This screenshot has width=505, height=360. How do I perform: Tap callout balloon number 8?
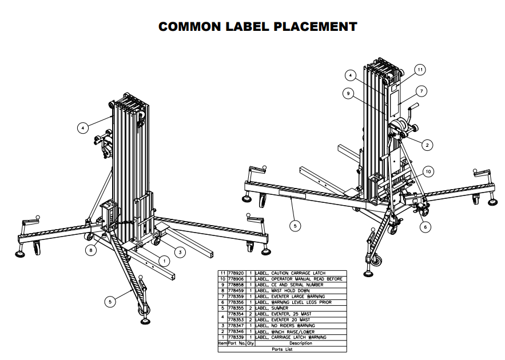pos(91,249)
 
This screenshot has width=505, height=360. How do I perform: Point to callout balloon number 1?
pos(164,261)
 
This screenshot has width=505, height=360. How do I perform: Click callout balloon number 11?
pos(419,70)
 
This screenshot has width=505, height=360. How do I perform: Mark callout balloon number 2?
pos(427,145)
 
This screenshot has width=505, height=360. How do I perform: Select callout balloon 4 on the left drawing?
pos(83,129)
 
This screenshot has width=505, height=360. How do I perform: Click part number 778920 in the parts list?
pos(237,273)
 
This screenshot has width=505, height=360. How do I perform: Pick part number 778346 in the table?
pos(237,331)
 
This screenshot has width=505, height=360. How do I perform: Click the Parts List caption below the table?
pos(281,349)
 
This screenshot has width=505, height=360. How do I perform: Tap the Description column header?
pos(301,343)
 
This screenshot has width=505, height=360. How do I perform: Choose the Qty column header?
pos(250,343)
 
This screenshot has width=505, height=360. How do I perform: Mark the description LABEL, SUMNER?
pos(272,308)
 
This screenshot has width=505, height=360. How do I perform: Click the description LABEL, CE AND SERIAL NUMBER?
pos(289,285)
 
